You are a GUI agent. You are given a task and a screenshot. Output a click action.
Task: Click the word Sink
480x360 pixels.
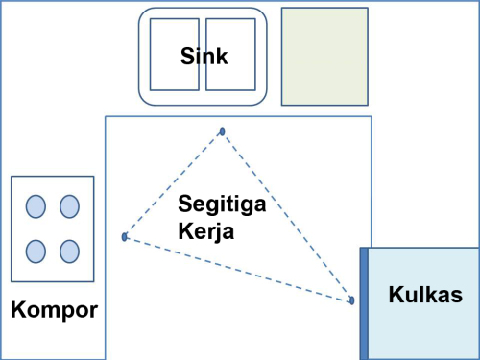(x=204, y=57)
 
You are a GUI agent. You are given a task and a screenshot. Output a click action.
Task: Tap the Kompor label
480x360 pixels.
(x=54, y=310)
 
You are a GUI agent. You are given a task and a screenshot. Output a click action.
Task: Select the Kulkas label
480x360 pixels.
(x=425, y=295)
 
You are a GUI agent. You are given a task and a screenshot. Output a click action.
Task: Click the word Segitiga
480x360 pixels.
(x=222, y=205)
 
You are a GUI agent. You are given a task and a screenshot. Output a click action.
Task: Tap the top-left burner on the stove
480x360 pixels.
(x=36, y=206)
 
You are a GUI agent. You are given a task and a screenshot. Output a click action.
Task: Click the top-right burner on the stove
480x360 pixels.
(x=69, y=206)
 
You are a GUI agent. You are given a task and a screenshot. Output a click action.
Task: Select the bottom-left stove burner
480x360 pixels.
(x=36, y=251)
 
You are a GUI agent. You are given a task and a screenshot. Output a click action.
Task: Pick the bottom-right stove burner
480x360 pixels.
(x=69, y=251)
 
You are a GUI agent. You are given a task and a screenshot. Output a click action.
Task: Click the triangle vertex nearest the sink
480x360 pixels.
(x=223, y=132)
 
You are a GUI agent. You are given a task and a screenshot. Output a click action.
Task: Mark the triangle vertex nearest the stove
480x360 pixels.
(x=125, y=236)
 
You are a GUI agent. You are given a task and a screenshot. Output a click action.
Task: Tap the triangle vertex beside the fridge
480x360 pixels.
(x=351, y=300)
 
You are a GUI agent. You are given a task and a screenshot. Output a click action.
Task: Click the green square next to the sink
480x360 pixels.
(x=324, y=56)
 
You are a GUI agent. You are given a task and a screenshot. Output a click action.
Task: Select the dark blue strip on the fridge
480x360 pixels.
(x=365, y=303)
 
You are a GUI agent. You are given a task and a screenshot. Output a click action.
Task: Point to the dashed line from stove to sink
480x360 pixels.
(x=173, y=184)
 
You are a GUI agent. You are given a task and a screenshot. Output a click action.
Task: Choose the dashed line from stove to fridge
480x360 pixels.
(x=238, y=269)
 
